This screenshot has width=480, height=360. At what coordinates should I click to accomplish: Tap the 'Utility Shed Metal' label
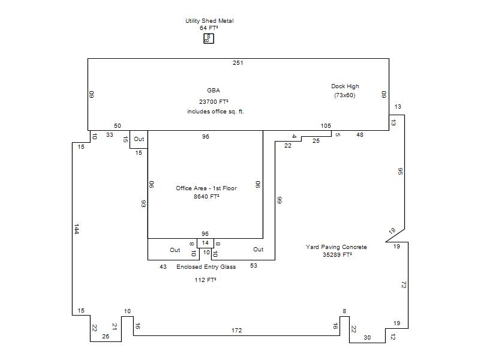209,21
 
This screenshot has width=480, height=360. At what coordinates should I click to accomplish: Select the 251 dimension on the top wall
238,63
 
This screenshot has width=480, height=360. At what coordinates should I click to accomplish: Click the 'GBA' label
214,91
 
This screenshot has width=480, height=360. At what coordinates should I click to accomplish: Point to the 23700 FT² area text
214,101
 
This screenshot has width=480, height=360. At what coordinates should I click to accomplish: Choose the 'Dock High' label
345,86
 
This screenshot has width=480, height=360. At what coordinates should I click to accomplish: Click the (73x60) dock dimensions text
344,95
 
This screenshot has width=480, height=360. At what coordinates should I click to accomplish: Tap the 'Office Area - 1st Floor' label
206,188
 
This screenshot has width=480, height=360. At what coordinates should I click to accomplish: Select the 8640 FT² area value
206,197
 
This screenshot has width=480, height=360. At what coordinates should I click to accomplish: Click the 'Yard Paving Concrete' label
336,247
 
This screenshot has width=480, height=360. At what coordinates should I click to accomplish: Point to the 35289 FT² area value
337,254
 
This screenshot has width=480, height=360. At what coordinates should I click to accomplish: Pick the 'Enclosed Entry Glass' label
206,267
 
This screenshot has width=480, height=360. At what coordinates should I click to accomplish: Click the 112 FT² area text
205,280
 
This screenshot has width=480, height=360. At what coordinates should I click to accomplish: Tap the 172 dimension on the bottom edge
236,331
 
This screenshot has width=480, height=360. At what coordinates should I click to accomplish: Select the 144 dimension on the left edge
77,229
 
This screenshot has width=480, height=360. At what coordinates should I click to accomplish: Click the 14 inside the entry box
205,243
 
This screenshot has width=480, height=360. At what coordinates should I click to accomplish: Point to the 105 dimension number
326,125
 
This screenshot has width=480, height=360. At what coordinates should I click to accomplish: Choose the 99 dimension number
279,200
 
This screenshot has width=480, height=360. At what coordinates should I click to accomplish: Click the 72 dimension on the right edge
403,285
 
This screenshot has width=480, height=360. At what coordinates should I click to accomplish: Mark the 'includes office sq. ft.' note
215,112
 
